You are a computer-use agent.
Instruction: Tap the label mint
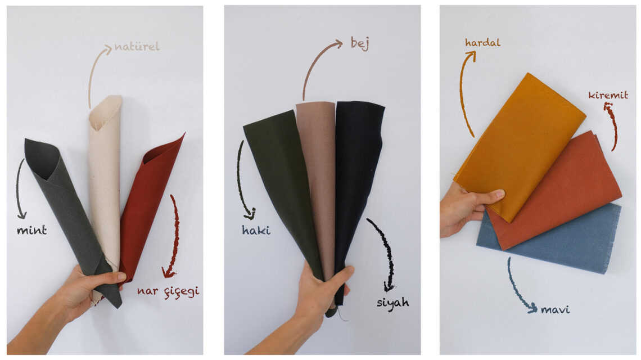[x=31, y=230]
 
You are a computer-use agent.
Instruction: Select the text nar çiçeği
[x=168, y=291]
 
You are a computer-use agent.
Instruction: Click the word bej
[x=360, y=43]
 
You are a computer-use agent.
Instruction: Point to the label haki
[x=256, y=230]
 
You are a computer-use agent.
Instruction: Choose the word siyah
[x=392, y=303]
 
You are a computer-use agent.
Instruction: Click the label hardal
[x=482, y=42]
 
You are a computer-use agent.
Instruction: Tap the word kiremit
[x=608, y=95]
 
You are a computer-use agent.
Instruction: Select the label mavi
[x=555, y=309]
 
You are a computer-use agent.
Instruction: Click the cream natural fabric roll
[x=105, y=172]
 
